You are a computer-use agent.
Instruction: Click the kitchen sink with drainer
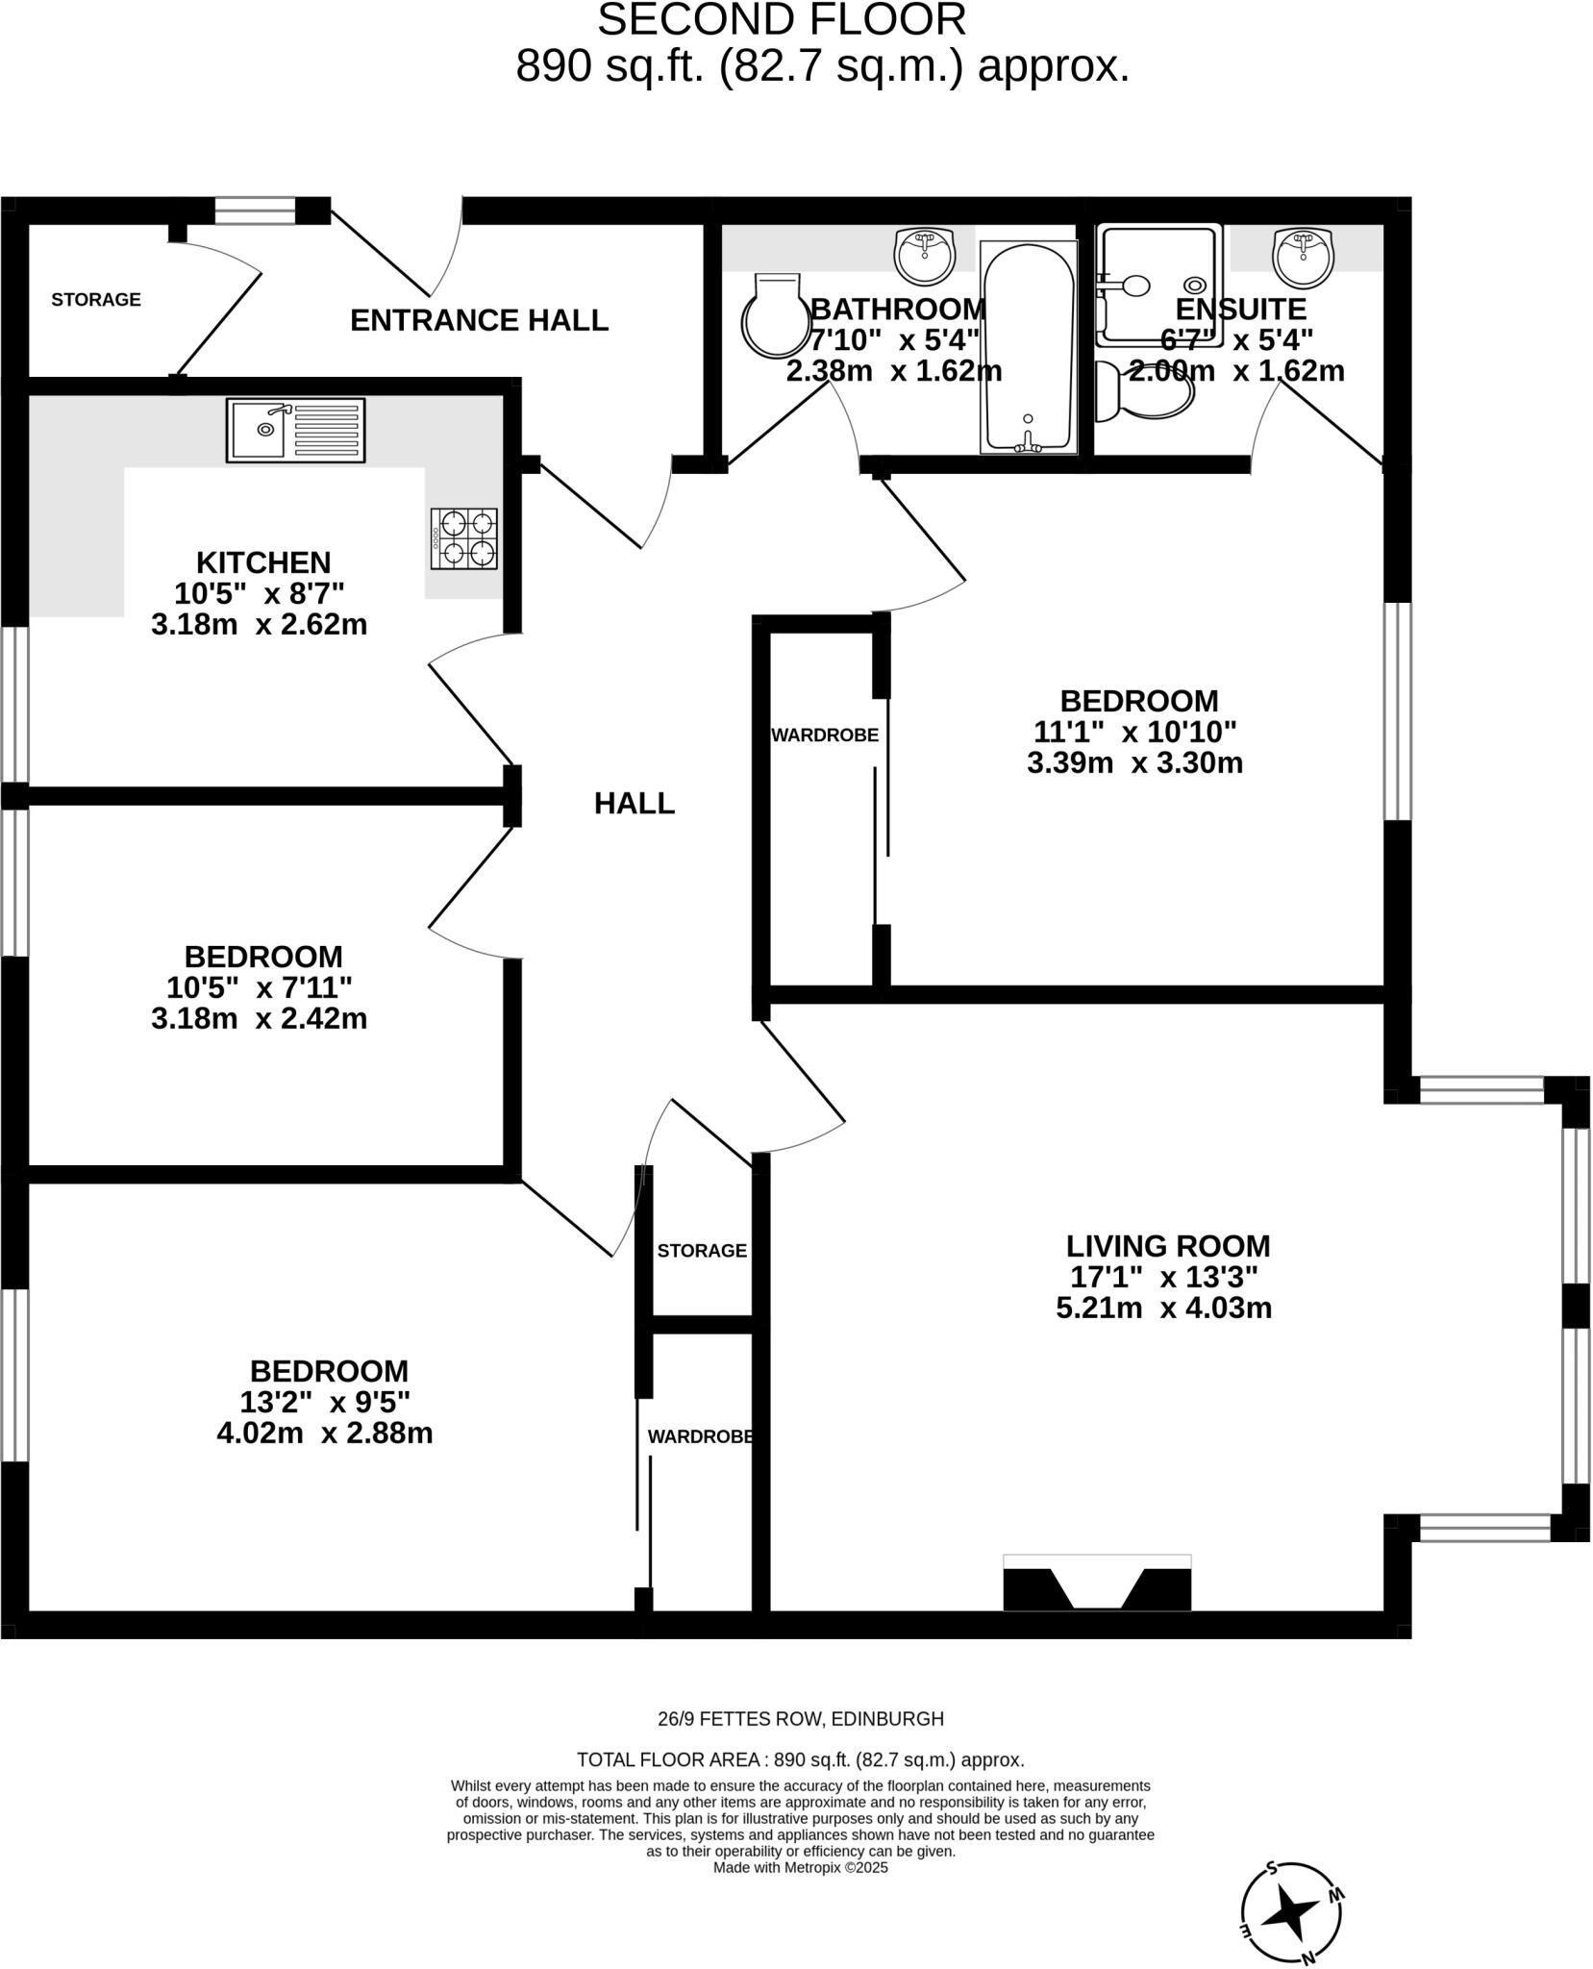point(295,430)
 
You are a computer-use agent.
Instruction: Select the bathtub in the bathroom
point(1028,348)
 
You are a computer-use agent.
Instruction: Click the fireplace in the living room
point(1097,1582)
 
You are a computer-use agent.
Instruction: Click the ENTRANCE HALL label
point(479,320)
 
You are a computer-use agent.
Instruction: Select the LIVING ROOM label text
point(1167,1246)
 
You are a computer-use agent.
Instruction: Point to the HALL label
point(634,803)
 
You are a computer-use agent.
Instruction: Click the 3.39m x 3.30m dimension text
point(1134,763)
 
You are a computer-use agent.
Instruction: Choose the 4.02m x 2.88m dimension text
point(325,1433)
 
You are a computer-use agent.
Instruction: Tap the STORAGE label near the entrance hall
point(96,300)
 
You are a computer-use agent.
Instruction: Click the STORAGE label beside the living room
point(702,1251)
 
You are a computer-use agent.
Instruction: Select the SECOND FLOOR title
point(782,20)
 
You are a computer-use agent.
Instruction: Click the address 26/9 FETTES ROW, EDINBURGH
point(800,1718)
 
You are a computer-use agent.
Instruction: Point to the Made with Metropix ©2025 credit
point(800,1867)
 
